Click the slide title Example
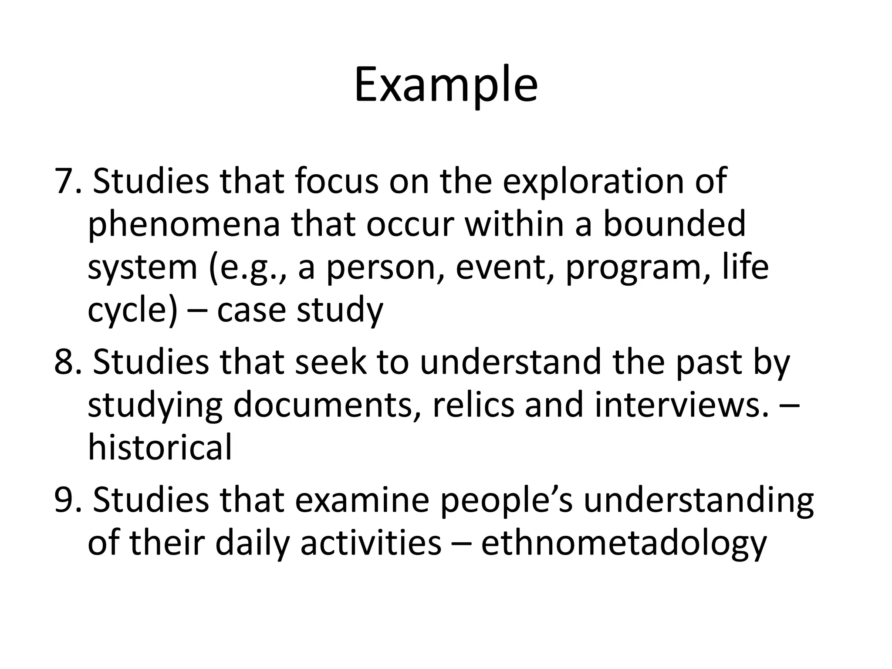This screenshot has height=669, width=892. click(x=446, y=85)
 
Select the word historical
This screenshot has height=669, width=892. click(x=160, y=448)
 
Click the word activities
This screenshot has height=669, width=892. click(x=371, y=544)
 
